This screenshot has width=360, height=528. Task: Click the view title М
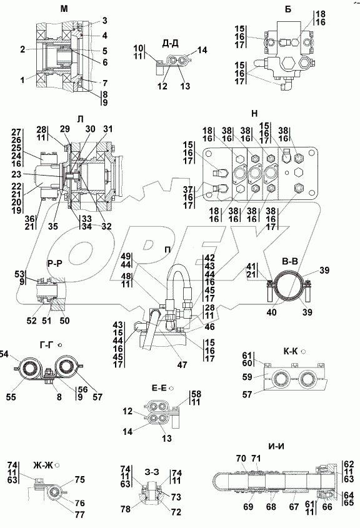click(x=64, y=9)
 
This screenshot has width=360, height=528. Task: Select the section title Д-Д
click(x=170, y=43)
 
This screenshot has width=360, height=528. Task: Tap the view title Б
click(x=288, y=9)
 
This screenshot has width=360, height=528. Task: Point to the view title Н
click(x=254, y=114)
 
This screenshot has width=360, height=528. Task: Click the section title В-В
click(x=290, y=261)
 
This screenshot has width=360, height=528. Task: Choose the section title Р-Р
click(x=55, y=264)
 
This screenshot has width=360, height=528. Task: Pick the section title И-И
click(x=276, y=447)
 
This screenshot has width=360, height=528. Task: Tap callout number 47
click(x=182, y=364)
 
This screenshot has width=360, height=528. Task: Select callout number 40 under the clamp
click(x=271, y=312)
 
